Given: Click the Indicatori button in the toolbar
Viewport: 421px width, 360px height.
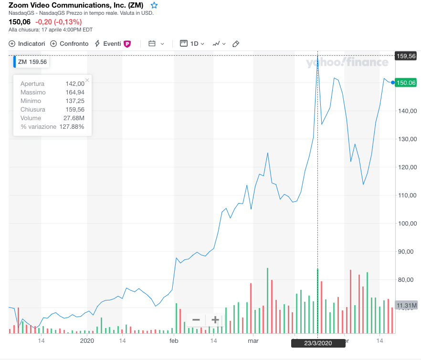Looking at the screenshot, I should (x=27, y=44).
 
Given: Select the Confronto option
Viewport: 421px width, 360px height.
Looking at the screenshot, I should (x=70, y=44).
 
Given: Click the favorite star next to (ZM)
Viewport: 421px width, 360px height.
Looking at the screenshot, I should (x=154, y=5).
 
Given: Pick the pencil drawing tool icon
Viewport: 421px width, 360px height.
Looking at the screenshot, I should (x=236, y=44).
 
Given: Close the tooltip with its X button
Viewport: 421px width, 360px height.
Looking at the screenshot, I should (x=87, y=81).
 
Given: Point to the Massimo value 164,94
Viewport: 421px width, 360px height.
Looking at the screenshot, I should (x=75, y=93).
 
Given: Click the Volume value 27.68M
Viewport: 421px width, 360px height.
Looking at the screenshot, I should (x=75, y=118).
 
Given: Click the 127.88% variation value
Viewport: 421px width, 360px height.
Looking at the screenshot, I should (x=72, y=127).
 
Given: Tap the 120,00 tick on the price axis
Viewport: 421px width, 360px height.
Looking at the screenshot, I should (x=407, y=167).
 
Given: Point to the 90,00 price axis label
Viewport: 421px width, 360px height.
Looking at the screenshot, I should (x=407, y=252).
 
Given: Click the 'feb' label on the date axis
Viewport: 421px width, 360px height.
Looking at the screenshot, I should (x=173, y=341).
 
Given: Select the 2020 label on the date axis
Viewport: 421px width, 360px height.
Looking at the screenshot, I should (x=87, y=341).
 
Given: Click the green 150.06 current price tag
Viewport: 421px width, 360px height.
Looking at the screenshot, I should (x=406, y=82).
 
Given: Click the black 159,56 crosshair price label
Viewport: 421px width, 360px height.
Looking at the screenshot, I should (x=406, y=56).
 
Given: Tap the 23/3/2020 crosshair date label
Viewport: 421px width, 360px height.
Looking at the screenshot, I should (x=318, y=343).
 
